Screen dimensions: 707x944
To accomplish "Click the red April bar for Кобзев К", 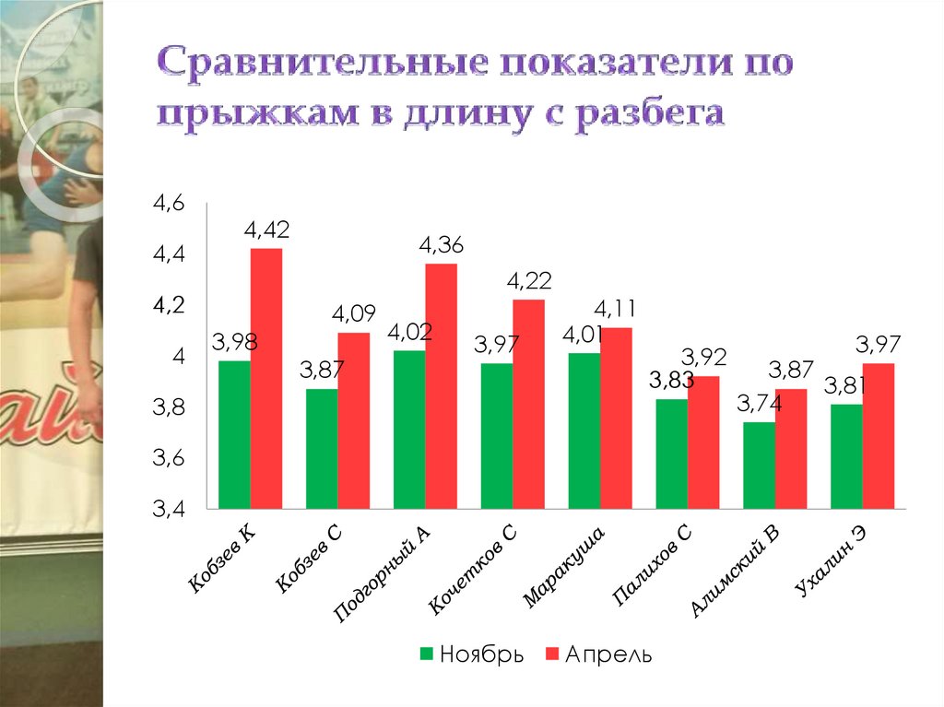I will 266,378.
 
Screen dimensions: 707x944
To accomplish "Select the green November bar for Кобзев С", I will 322,448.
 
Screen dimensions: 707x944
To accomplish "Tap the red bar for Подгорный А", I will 441,385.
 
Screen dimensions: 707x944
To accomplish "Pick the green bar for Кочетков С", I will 497,435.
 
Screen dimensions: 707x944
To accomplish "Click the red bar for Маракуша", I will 616,418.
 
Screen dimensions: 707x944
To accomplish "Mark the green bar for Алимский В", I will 760,465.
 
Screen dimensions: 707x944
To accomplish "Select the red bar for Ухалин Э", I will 879,435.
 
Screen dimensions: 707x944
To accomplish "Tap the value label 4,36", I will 442,245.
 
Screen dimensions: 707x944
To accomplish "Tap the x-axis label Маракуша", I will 563,568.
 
